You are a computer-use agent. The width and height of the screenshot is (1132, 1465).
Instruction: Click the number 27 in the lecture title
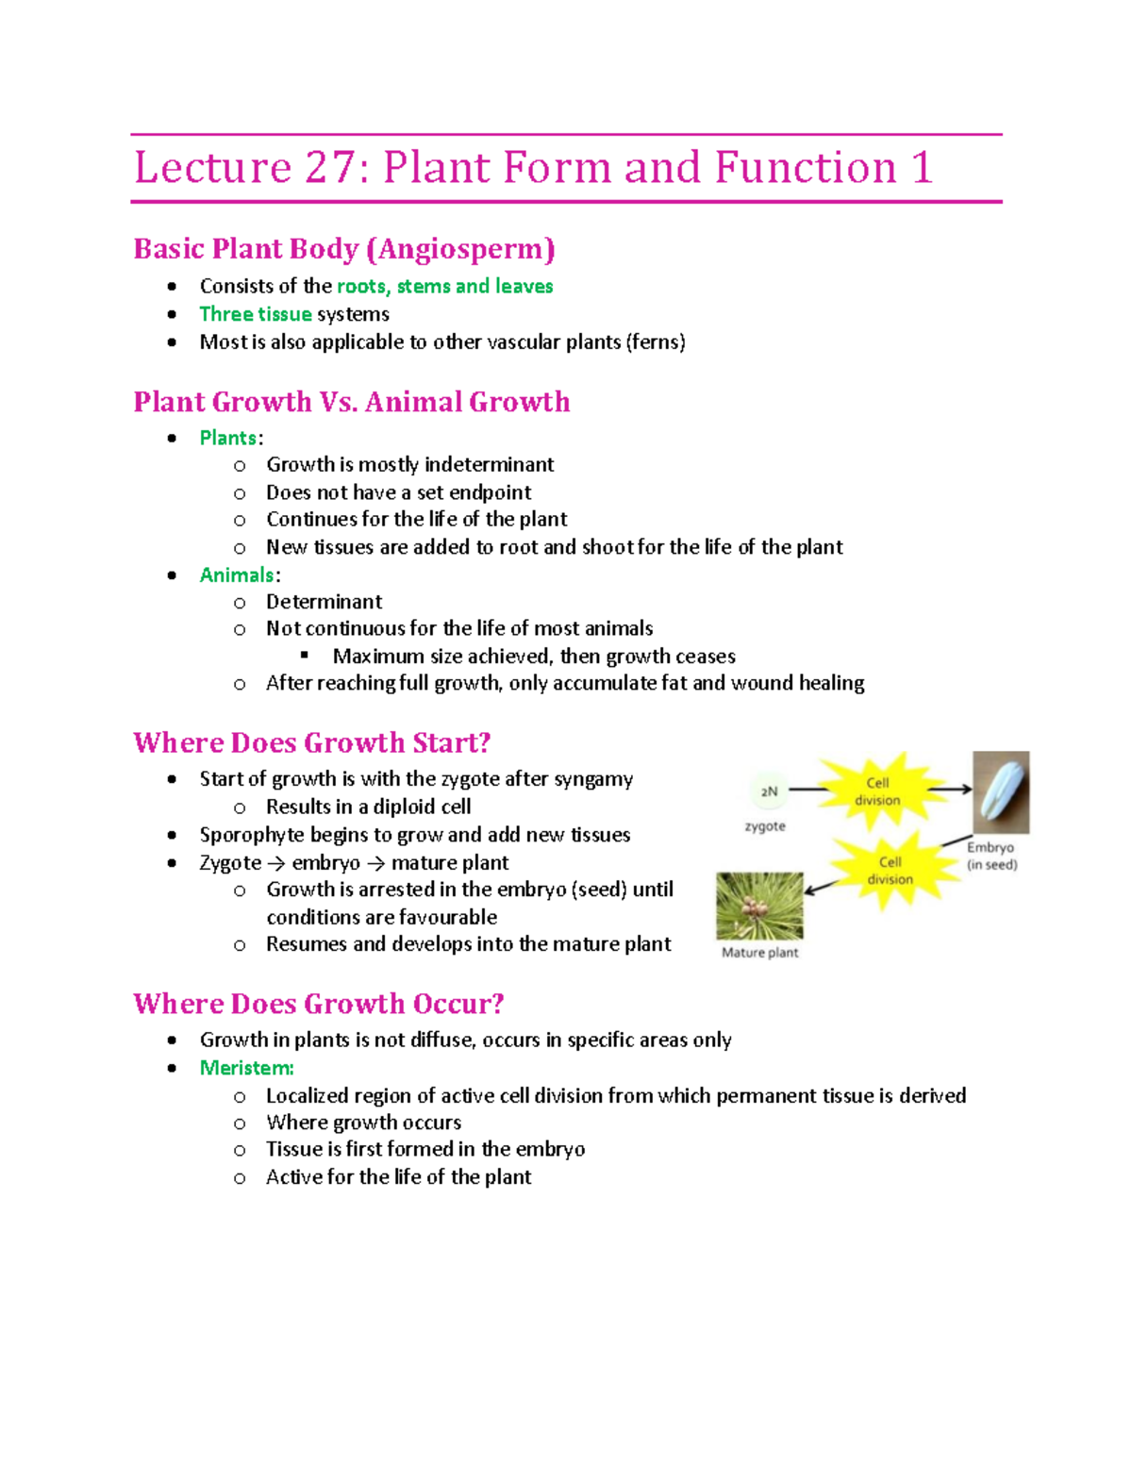tap(328, 169)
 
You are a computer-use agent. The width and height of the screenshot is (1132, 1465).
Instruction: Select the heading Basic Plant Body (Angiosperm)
tap(344, 249)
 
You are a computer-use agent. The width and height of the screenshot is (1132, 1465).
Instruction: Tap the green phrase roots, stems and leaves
tap(444, 287)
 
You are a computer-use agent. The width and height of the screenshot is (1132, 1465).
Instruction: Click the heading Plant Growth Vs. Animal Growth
tap(351, 402)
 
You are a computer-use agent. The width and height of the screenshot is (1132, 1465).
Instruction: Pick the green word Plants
tap(227, 438)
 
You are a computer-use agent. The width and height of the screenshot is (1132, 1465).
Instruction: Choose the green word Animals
tap(237, 575)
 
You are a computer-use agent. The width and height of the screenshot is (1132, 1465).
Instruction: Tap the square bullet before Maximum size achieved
tap(305, 655)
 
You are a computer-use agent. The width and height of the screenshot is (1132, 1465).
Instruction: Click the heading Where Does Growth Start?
tap(311, 743)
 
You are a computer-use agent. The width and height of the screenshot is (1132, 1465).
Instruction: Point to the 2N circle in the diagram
tap(770, 791)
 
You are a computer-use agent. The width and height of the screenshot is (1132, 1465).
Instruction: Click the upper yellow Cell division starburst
tap(877, 791)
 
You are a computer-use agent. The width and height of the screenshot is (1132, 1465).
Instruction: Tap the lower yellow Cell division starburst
tap(889, 870)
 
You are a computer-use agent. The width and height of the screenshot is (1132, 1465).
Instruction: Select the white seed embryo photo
tap(1001, 791)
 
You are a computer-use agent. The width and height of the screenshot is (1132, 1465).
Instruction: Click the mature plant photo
tap(759, 906)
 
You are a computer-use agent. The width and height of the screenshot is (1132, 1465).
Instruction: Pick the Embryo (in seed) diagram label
tap(991, 856)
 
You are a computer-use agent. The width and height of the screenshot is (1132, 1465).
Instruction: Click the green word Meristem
tap(246, 1068)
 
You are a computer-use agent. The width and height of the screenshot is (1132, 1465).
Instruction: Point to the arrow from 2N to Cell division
tap(808, 790)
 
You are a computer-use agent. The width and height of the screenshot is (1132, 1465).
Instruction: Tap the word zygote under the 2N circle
tap(765, 826)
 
